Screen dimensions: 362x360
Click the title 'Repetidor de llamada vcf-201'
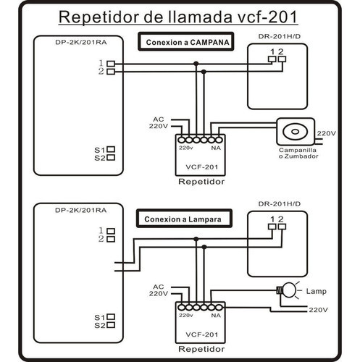tap(180, 17)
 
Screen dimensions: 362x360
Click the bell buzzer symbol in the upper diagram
tap(296, 132)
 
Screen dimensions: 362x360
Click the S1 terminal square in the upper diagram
tap(111, 149)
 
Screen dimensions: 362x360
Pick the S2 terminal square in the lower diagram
tap(111, 325)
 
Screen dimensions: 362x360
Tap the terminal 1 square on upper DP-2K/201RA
tap(111, 64)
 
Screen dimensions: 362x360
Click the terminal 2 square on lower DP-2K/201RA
tap(111, 239)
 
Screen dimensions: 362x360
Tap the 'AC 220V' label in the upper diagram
tap(159, 122)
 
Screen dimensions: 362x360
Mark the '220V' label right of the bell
tap(327, 134)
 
